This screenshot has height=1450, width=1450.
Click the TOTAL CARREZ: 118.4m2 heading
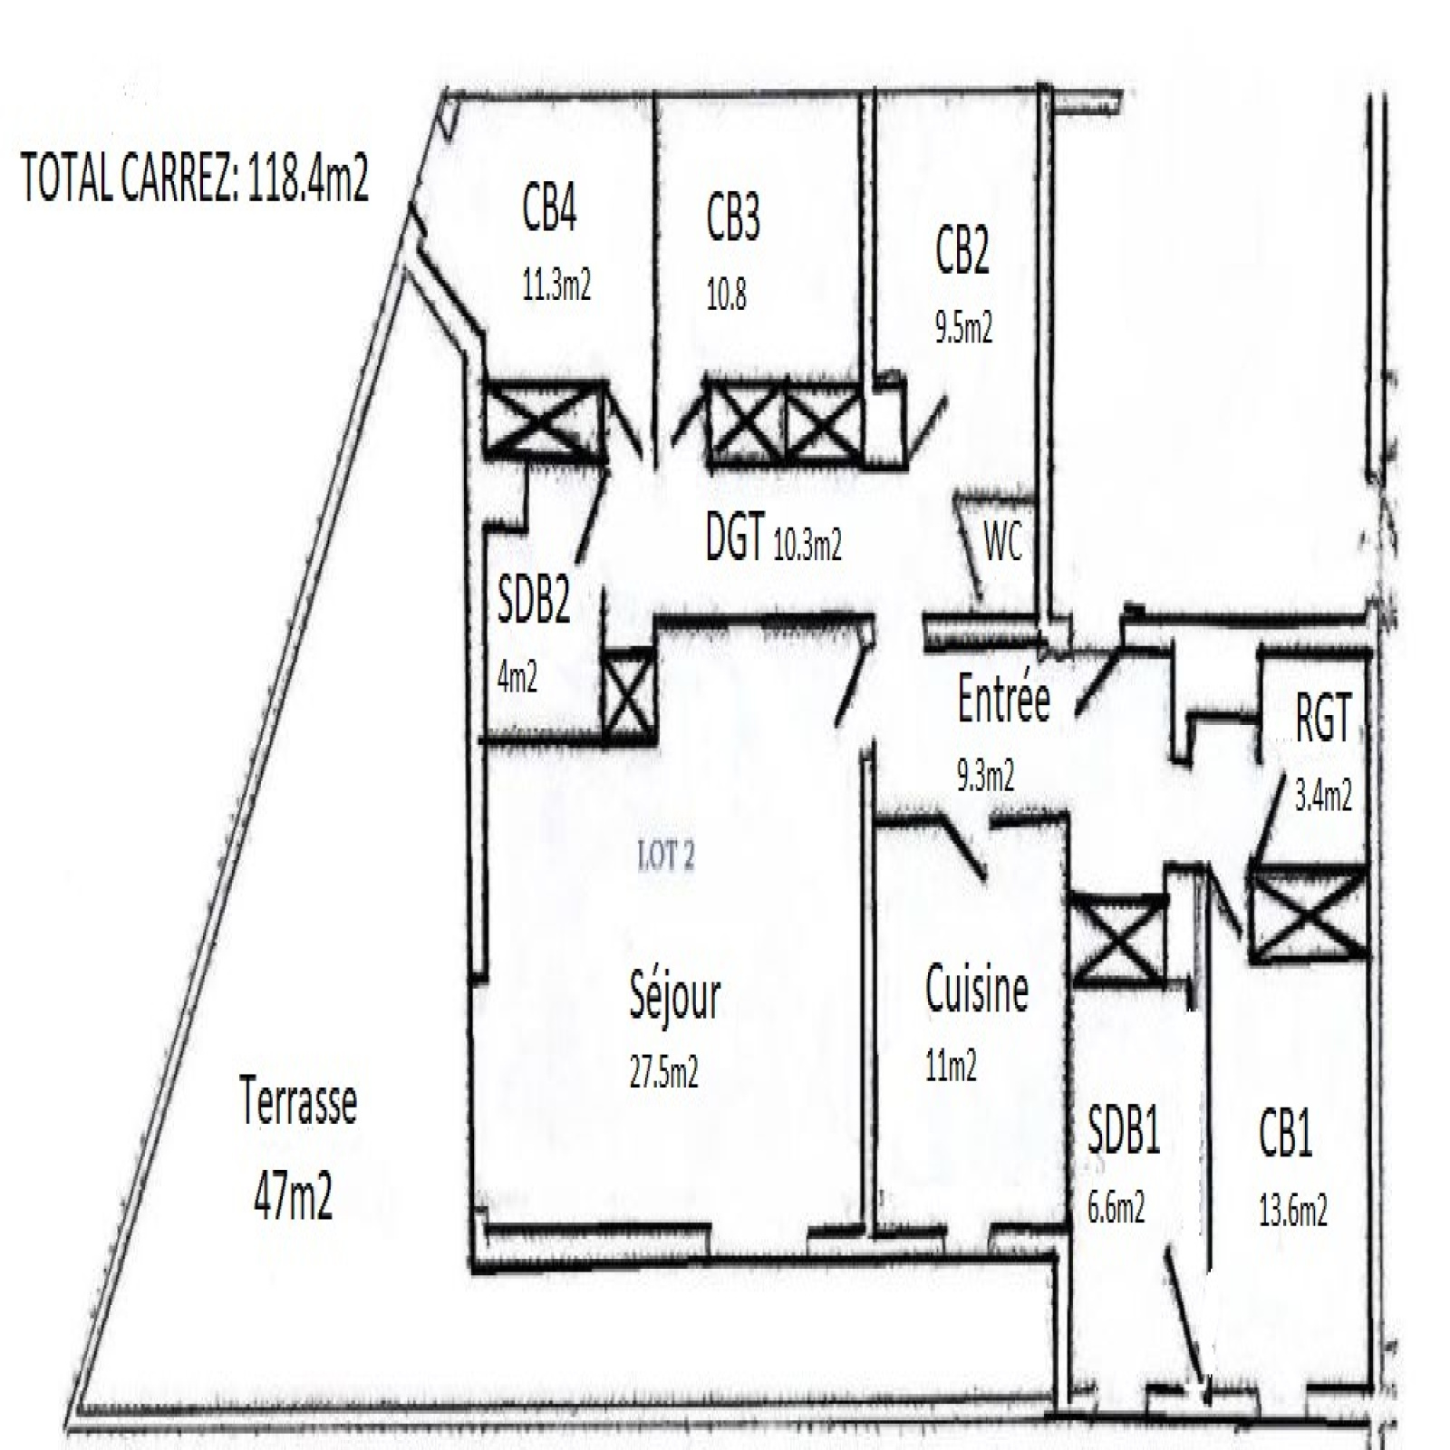coord(195,178)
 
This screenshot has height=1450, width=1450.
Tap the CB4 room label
coord(549,208)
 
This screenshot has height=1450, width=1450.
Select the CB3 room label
coord(733,217)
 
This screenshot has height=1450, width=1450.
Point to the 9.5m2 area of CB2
coord(963,327)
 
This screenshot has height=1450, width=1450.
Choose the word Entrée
coord(1004,700)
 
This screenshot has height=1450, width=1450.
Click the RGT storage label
coord(1323,717)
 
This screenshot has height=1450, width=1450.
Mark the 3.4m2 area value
coord(1323,795)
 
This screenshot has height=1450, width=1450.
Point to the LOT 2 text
coord(667,855)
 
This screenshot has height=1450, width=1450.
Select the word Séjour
coord(675,997)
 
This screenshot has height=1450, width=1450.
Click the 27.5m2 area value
coord(663,1072)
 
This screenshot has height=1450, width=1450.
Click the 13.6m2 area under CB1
coord(1293,1210)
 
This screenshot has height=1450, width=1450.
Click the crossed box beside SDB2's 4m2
coord(629,694)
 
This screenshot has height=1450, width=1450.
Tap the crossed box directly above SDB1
coord(1118,938)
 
